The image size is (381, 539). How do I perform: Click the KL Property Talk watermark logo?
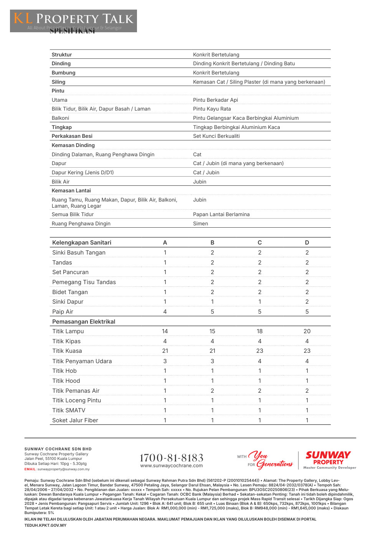(x=73, y=21)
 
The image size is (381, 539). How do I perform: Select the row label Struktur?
(x=62, y=55)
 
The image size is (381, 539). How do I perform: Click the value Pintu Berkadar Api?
(x=215, y=100)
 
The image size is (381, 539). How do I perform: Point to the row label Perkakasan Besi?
(x=72, y=136)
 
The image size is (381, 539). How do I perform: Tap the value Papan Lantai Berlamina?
(x=221, y=214)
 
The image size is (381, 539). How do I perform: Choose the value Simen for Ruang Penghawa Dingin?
(x=200, y=223)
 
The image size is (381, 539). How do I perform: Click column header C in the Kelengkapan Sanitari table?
(x=260, y=243)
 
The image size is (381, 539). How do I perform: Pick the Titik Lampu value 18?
(x=260, y=331)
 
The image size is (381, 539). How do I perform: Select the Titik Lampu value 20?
(x=307, y=331)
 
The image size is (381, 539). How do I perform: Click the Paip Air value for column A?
(x=165, y=312)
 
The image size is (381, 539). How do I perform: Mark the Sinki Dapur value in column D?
(x=307, y=302)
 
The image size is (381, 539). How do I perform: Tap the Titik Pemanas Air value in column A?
(x=165, y=391)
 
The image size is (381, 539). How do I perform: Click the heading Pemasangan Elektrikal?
(x=84, y=322)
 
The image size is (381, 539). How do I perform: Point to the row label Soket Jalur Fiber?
(x=75, y=420)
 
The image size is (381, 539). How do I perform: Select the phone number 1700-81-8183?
(x=172, y=458)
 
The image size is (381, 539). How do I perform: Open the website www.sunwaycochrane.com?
(x=172, y=466)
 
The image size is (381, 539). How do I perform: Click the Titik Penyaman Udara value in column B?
(x=212, y=361)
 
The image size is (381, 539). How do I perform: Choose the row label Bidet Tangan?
(x=70, y=292)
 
